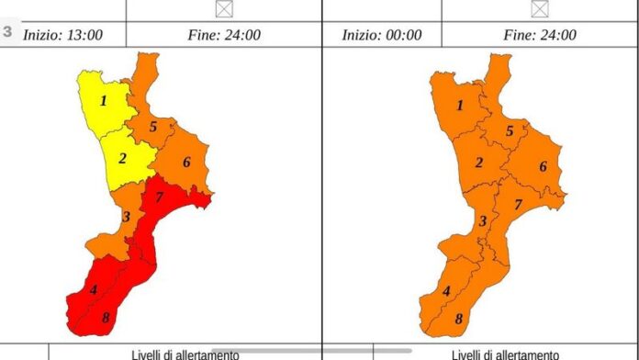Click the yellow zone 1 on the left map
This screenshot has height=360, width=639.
tap(103, 101)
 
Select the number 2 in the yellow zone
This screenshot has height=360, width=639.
tap(121, 158)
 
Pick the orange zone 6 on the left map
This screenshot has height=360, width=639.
tap(185, 163)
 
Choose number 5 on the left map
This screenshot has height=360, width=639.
tap(153, 127)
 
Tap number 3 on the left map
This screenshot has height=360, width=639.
tap(126, 218)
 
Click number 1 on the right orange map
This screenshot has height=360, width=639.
tap(459, 106)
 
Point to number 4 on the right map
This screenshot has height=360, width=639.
tap(446, 292)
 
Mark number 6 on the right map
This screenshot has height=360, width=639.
tap(543, 166)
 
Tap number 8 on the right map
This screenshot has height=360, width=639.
tap(459, 320)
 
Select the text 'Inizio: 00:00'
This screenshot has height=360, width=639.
tap(382, 35)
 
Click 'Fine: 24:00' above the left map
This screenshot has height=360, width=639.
tap(223, 35)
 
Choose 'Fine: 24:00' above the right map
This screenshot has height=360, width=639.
tap(540, 35)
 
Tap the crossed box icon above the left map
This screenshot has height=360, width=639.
tap(223, 8)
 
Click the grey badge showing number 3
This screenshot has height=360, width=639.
tap(8, 31)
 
